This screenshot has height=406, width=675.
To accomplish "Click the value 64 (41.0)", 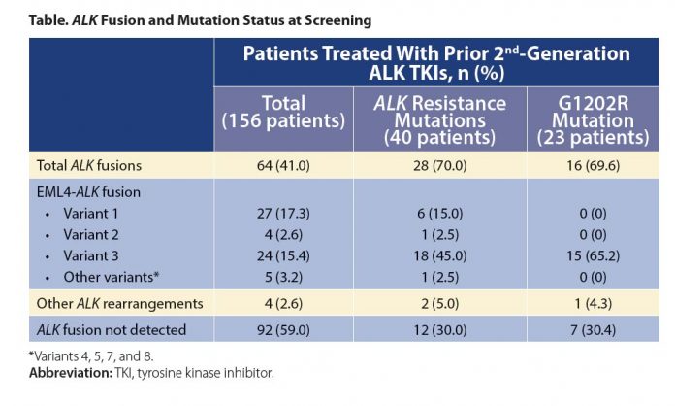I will (x=282, y=166).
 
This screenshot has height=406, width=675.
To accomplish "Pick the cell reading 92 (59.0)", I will (x=282, y=331).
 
